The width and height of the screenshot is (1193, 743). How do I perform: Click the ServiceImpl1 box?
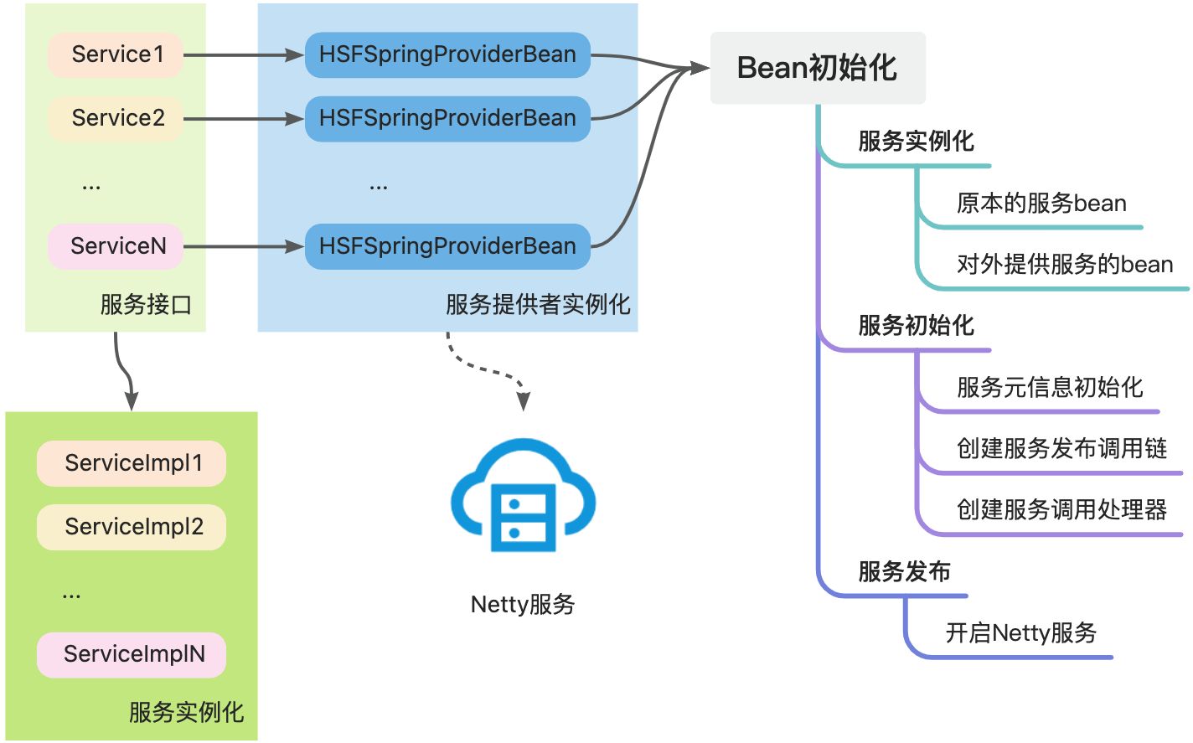[x=132, y=463]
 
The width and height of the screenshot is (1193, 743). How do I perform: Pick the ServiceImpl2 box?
[x=132, y=527]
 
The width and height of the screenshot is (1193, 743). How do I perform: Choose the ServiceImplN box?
[x=132, y=654]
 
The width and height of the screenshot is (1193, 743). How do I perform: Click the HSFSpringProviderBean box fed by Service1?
[x=447, y=54]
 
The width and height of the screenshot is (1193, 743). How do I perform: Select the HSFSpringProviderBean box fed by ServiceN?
[x=447, y=246]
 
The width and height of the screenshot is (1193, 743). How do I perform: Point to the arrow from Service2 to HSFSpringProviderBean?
[x=243, y=119]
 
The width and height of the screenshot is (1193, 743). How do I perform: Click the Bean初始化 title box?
[x=818, y=68]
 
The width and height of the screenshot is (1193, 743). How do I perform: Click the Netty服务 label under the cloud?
[x=523, y=604]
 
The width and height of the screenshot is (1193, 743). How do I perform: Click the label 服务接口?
[x=146, y=304]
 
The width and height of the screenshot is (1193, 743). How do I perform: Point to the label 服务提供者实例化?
[x=537, y=304]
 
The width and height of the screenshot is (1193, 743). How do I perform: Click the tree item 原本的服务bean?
[x=1041, y=204]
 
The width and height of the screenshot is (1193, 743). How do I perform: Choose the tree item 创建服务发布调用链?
[x=1061, y=449]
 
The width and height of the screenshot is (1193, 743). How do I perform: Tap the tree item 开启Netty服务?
[x=1020, y=633]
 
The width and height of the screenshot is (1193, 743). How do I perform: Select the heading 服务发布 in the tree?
[x=903, y=572]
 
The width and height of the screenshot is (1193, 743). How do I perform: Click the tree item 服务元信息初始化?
[x=1049, y=388]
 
